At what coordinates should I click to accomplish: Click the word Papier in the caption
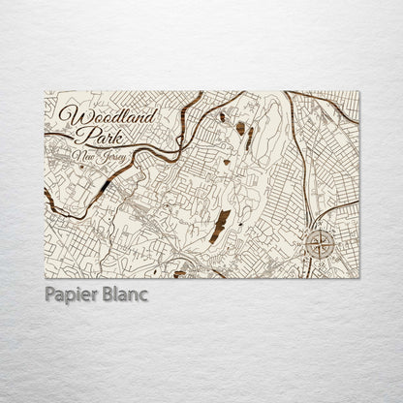coord(71,294)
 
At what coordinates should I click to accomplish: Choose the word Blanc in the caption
coord(123,294)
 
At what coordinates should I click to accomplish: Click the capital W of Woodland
coord(69,115)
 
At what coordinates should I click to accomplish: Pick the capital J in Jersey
coord(102,156)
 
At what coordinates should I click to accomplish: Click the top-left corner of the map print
coord(45,92)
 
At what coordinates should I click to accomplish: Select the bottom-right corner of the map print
coord(358,277)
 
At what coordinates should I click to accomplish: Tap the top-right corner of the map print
coord(358,92)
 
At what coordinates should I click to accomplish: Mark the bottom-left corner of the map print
coord(45,277)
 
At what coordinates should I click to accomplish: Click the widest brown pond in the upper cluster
coord(239,128)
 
